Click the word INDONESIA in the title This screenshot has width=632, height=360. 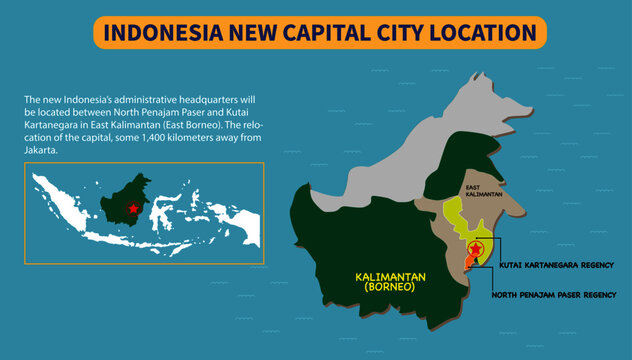163,32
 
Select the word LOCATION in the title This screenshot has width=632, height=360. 482,32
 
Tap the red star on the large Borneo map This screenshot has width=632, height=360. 475,248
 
